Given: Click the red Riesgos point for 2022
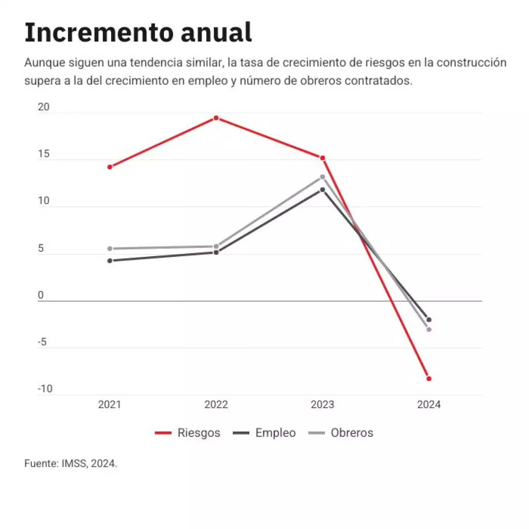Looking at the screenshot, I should point(216,118).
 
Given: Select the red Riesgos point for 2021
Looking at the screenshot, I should point(110,167).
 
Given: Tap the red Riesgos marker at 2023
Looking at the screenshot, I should point(322,158).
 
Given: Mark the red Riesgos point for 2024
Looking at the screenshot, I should point(428,379).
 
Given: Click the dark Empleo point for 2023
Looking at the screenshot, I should point(322,190).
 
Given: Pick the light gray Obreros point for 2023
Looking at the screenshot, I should point(322,177).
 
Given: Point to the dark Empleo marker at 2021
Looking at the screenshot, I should point(110,261).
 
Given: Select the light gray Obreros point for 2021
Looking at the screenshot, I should point(110,249).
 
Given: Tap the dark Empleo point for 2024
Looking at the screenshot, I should point(428,320).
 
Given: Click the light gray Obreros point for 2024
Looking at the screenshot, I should point(428,329).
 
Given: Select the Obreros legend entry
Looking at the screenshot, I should point(341,433).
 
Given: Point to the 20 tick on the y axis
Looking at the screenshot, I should point(44,107).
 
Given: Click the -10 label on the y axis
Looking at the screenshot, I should point(45,389).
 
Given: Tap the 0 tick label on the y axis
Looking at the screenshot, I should point(41,295).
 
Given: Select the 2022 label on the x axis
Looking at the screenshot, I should point(216,405).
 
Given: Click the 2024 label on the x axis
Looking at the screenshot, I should point(428,405).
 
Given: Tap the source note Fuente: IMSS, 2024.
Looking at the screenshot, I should point(71,464).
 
